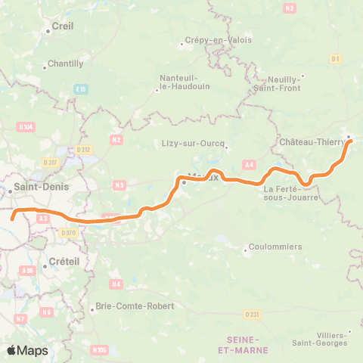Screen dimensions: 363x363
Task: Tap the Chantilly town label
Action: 65,64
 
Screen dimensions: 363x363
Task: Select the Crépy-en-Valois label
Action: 219,41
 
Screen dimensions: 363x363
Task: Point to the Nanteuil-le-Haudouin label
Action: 178,82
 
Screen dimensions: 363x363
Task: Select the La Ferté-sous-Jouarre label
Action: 291,193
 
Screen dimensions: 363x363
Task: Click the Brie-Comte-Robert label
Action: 133,306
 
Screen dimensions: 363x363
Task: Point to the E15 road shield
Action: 81,90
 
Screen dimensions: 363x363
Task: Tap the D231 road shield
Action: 253,314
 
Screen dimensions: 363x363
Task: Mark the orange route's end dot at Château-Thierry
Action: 350,141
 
